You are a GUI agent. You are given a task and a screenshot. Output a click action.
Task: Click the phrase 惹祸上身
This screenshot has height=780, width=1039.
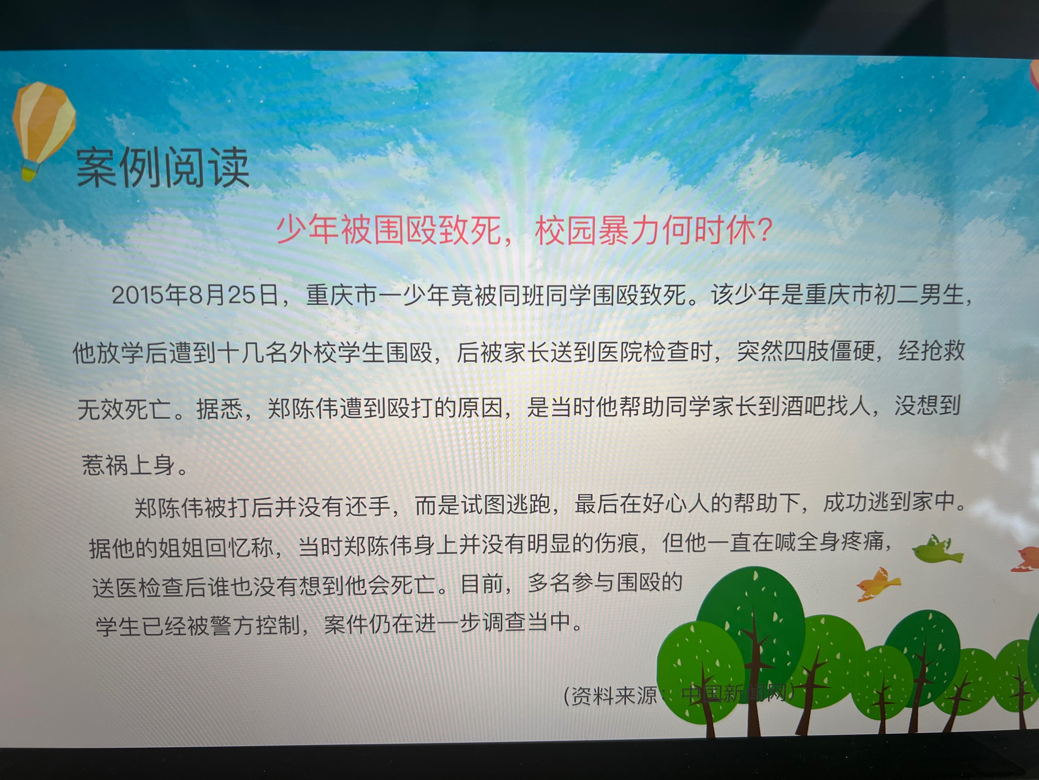tap(128, 465)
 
